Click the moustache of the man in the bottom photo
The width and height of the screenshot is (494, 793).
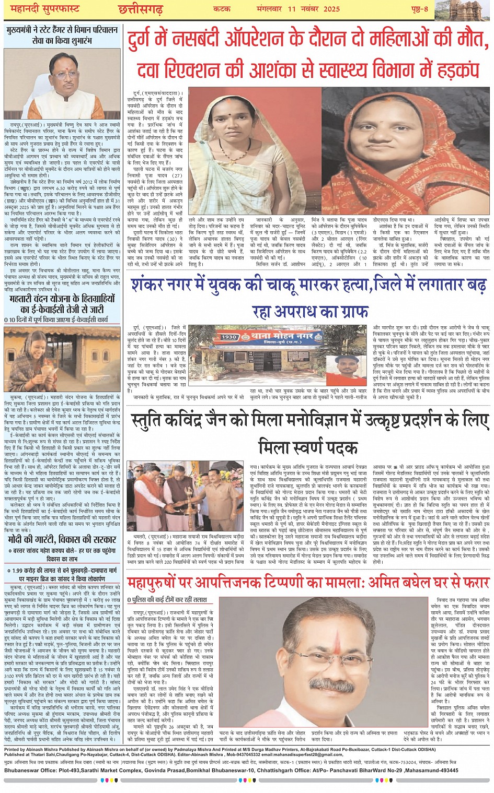[x=329, y=684]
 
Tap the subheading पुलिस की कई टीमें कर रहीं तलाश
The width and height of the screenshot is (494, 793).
[x=167, y=600]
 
